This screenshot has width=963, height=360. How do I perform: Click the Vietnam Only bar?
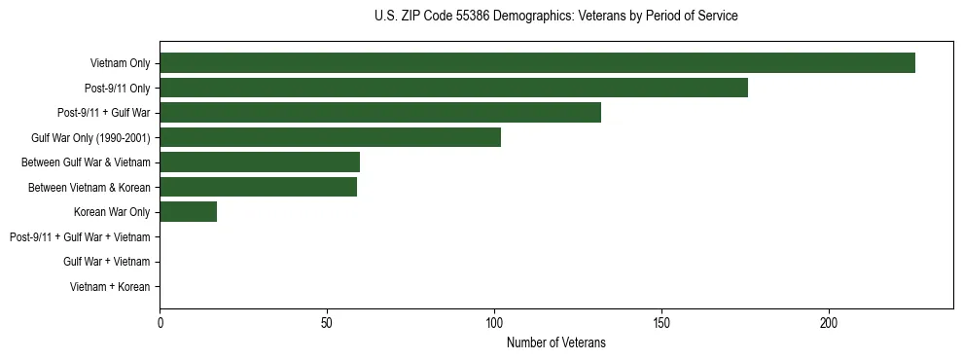[x=537, y=63]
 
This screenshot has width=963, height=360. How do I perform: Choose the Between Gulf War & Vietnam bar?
[x=260, y=162]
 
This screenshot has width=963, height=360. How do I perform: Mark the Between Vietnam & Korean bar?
[x=258, y=187]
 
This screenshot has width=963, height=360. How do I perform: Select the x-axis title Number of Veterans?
[x=555, y=342]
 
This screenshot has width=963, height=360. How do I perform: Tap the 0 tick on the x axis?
[x=160, y=322]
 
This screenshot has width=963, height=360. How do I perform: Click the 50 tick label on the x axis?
[x=327, y=322]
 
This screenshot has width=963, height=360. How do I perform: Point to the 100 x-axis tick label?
[x=494, y=322]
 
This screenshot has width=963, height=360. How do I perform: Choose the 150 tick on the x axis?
[x=661, y=322]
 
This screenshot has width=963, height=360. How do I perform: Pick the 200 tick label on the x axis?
[x=829, y=322]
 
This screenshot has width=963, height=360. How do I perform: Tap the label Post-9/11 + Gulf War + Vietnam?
[x=80, y=236]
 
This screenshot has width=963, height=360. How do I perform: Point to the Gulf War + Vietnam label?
[x=106, y=262]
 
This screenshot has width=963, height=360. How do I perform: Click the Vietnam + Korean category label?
[x=110, y=286]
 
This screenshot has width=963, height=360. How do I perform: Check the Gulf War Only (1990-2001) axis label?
[x=90, y=137]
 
